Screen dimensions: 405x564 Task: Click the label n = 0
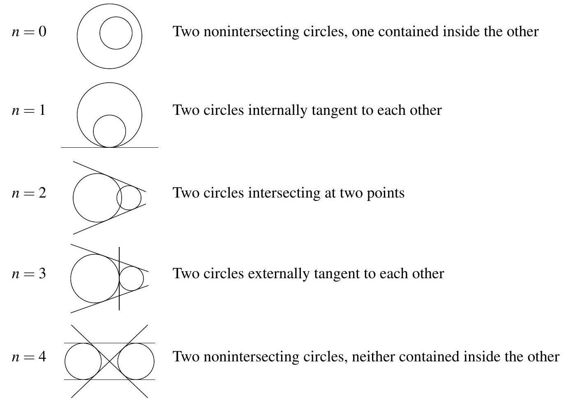[29, 32]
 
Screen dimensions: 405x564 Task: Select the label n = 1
[29, 111]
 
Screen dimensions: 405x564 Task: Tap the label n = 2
[29, 193]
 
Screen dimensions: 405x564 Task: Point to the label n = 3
[29, 274]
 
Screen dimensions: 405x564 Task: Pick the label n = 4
[29, 356]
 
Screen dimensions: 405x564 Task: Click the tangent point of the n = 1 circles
[110, 147]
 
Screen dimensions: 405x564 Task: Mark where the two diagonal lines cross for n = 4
[110, 361]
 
